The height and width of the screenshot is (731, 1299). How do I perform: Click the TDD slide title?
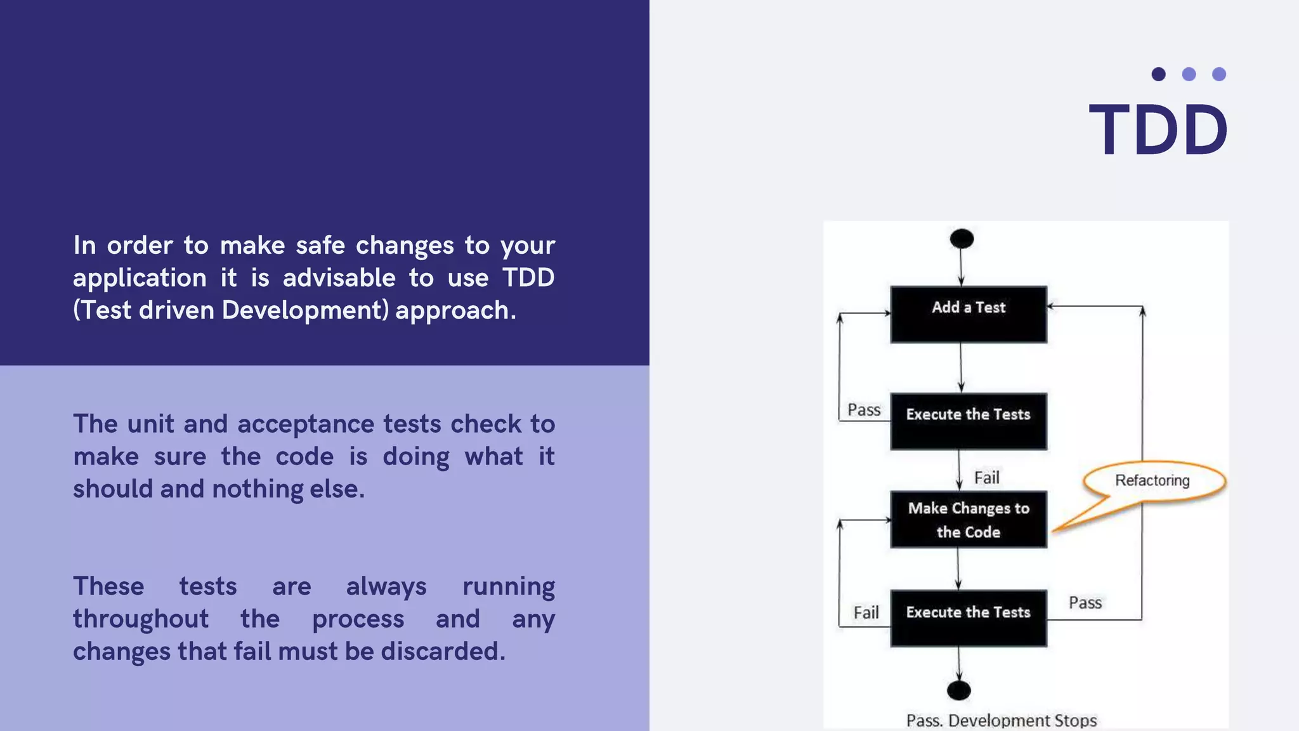click(x=1158, y=130)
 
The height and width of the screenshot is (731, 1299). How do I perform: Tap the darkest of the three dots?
click(x=1158, y=74)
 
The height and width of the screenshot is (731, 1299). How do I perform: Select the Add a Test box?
click(x=969, y=314)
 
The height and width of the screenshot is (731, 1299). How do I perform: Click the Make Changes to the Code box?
click(x=969, y=520)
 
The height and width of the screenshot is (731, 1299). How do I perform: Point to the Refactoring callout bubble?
click(x=1152, y=480)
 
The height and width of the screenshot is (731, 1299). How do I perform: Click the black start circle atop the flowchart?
click(x=962, y=239)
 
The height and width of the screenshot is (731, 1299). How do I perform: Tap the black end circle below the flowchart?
click(x=958, y=690)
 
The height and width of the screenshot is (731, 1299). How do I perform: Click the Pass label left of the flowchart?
click(x=864, y=410)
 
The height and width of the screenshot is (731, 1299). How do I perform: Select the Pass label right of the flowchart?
click(x=1085, y=602)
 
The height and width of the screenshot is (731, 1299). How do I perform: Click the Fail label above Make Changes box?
click(x=987, y=477)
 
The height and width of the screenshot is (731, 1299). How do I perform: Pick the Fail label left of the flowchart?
click(x=866, y=612)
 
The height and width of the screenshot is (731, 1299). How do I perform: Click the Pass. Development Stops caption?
click(x=1002, y=720)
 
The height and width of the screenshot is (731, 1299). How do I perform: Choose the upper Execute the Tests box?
click(x=969, y=421)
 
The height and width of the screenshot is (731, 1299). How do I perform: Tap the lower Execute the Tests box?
click(x=969, y=618)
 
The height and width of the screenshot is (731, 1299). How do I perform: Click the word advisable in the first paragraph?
click(x=339, y=278)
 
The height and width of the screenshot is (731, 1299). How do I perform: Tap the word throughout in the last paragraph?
click(x=141, y=619)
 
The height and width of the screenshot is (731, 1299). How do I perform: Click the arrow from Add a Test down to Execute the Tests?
click(x=961, y=367)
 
